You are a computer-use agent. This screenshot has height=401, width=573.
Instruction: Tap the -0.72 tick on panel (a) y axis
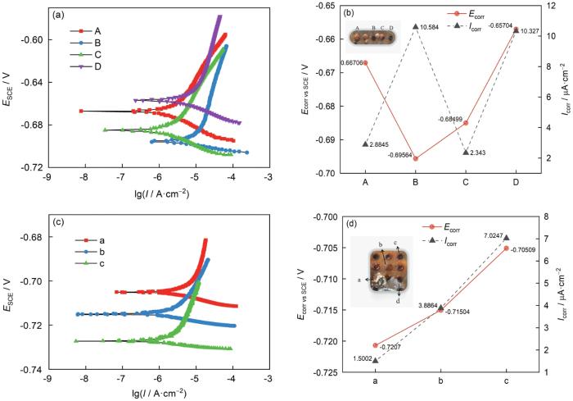29,167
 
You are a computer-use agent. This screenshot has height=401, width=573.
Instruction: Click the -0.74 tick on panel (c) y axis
29,370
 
